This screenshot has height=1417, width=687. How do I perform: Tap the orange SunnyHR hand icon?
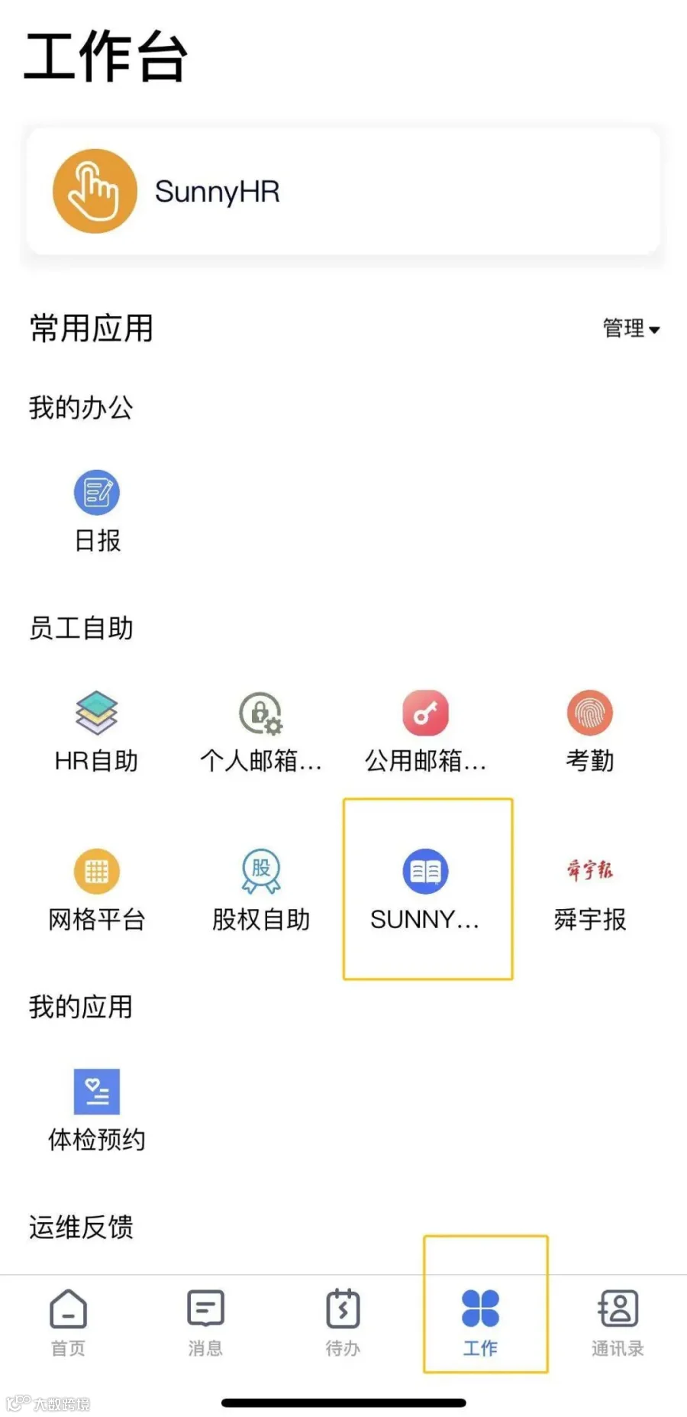pyautogui.click(x=95, y=191)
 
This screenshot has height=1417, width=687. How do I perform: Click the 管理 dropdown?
pyautogui.click(x=631, y=328)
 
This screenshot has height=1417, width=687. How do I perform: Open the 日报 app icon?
pyautogui.click(x=97, y=492)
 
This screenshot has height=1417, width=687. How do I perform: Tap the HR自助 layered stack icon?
pyautogui.click(x=97, y=712)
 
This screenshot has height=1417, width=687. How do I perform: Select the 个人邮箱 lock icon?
pyautogui.click(x=261, y=713)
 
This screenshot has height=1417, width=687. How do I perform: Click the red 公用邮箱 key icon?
pyautogui.click(x=425, y=713)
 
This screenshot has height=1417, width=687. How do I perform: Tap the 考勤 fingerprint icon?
pyautogui.click(x=589, y=713)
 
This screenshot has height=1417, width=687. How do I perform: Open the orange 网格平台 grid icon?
pyautogui.click(x=97, y=871)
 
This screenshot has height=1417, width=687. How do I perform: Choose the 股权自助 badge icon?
pyautogui.click(x=261, y=871)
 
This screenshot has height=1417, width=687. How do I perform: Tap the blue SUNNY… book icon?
pyautogui.click(x=425, y=871)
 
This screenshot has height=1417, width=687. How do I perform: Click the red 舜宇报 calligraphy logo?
pyautogui.click(x=589, y=869)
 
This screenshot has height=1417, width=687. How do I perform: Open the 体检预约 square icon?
pyautogui.click(x=97, y=1091)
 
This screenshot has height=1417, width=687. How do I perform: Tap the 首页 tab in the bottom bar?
pyautogui.click(x=69, y=1322)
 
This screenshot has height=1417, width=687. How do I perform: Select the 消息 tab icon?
pyautogui.click(x=205, y=1309)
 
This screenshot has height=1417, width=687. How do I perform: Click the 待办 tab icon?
pyautogui.click(x=343, y=1309)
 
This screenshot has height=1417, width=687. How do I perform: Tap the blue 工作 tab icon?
pyautogui.click(x=480, y=1309)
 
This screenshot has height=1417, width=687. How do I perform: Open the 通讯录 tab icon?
pyautogui.click(x=618, y=1309)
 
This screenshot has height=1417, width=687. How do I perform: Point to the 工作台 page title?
pyautogui.click(x=105, y=57)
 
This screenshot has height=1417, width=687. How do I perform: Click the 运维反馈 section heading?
pyautogui.click(x=81, y=1227)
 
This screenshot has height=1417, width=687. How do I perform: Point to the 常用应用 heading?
pyautogui.click(x=92, y=328)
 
